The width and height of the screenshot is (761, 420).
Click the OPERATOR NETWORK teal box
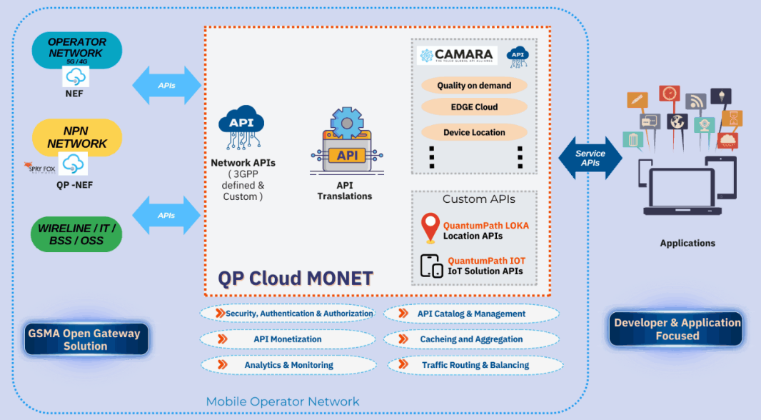76,48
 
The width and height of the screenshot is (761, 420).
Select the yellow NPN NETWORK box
77,137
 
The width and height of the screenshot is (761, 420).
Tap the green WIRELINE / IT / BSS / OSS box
76,234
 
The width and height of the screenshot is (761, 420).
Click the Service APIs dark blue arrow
590,159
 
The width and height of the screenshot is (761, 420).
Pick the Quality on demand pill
474,86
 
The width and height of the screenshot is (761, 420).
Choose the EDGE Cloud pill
474,107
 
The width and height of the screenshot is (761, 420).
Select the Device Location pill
474,132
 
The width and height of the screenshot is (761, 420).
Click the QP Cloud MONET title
296,277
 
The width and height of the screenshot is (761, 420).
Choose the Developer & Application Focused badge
677,329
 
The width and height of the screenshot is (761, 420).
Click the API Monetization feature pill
288,339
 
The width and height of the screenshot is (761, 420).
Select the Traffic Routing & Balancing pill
475,365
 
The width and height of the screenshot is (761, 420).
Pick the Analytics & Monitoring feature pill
288,365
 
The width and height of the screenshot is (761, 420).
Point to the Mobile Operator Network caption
283,401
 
